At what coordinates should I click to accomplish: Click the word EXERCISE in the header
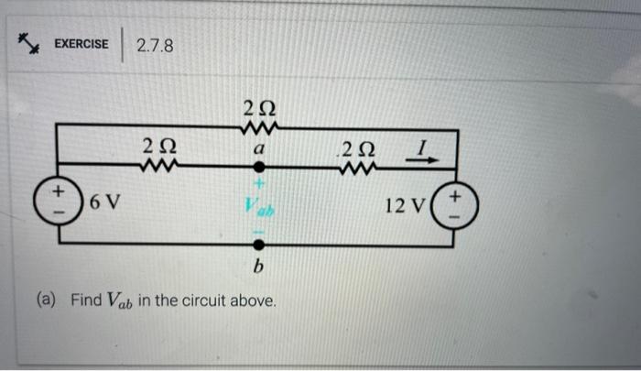point(81,44)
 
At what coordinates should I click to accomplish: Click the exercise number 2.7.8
point(154,45)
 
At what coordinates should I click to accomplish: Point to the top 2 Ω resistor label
point(259,104)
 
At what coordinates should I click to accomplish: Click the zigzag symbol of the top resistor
point(259,125)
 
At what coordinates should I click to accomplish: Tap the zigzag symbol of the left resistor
point(157,166)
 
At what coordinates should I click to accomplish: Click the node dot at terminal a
point(259,168)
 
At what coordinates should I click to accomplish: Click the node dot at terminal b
point(259,246)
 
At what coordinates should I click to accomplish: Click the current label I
point(421,146)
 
